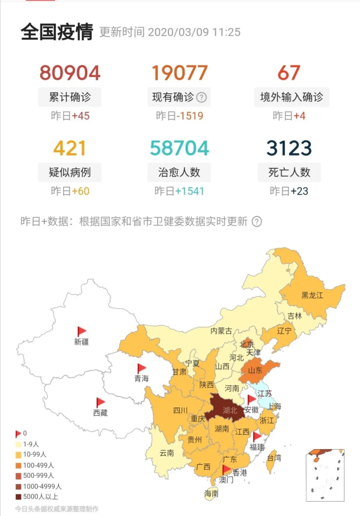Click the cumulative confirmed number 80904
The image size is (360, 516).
[70, 73]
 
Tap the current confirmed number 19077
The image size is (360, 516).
[179, 73]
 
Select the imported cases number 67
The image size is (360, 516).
[289, 73]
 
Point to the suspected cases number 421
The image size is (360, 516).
[70, 148]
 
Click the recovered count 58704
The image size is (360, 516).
[179, 148]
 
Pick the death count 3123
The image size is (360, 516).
[289, 148]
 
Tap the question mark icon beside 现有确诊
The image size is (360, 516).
[201, 97]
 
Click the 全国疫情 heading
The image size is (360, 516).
[57, 32]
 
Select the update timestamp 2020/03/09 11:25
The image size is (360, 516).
[194, 32]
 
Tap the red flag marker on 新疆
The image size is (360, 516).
[81, 331]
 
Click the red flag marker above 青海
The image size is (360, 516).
[141, 368]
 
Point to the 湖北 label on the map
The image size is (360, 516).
[230, 410]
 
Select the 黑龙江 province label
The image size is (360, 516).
[312, 295]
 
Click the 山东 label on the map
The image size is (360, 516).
[255, 370]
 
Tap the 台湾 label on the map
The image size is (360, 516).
[274, 458]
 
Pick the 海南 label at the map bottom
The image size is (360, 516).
[211, 494]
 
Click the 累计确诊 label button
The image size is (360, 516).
[70, 97]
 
